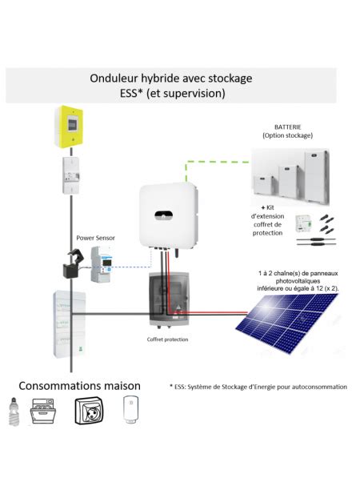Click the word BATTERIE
289,127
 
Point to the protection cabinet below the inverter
168,302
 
